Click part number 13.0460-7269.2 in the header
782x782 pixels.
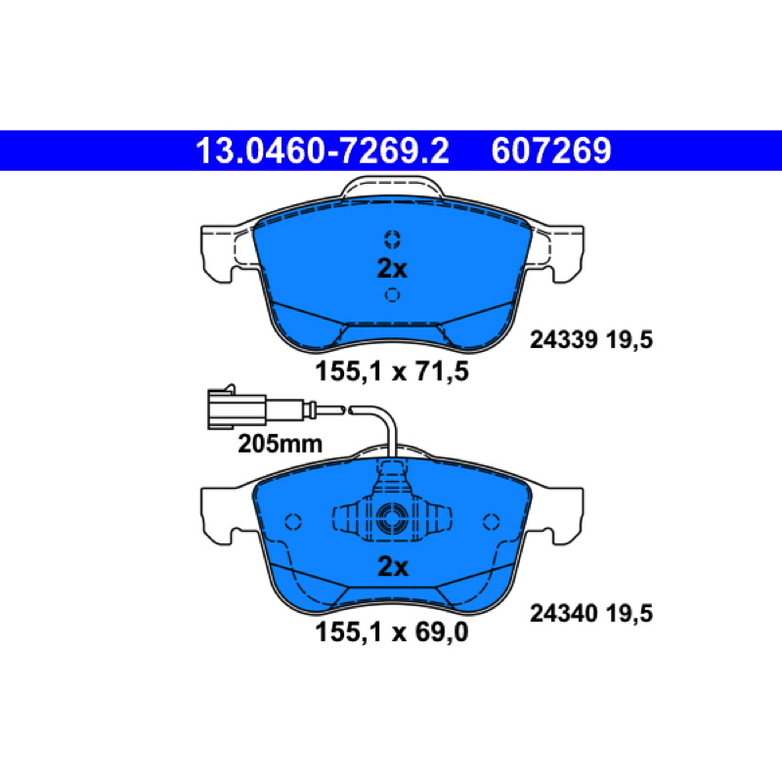click(x=323, y=151)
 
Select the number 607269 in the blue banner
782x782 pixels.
click(x=551, y=151)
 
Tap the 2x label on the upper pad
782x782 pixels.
click(x=392, y=268)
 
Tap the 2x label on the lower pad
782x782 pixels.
click(x=393, y=567)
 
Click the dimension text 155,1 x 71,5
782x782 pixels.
click(x=392, y=371)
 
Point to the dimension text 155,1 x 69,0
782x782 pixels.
click(x=392, y=631)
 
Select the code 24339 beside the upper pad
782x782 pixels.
click(x=564, y=339)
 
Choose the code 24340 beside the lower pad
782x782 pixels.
click(x=564, y=613)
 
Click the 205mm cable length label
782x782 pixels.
click(x=280, y=444)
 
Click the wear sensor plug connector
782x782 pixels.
click(x=237, y=408)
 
